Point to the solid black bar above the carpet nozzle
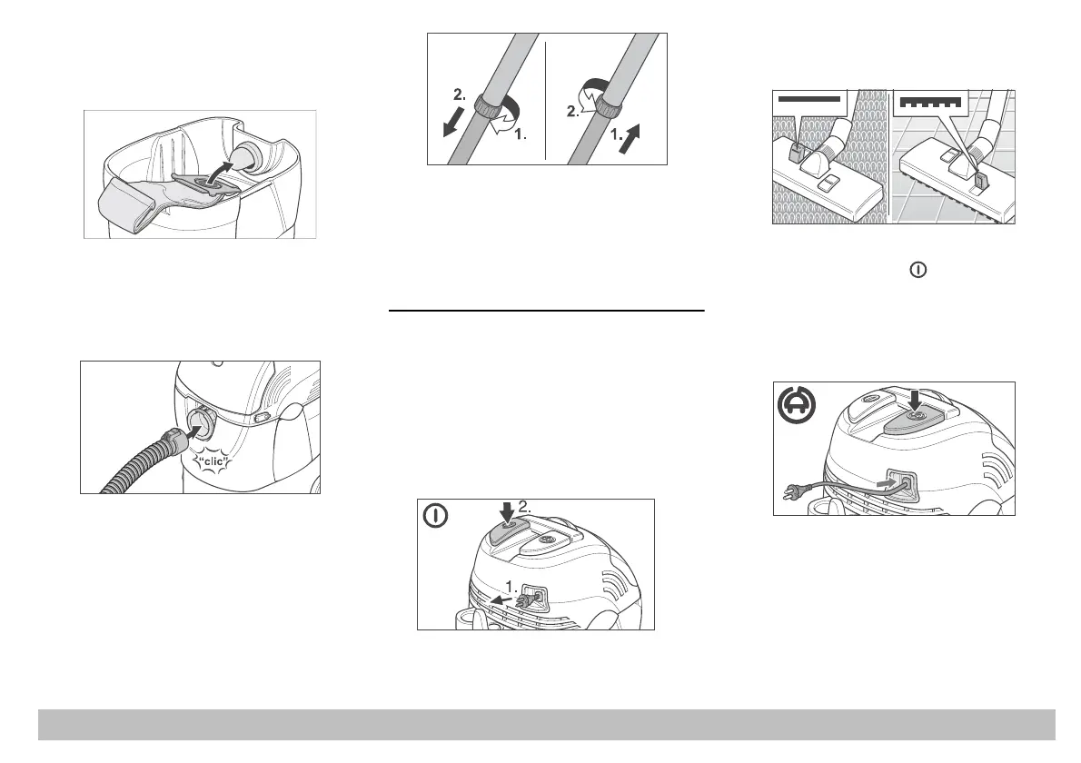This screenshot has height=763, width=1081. [808, 96]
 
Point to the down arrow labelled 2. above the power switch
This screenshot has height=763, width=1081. [507, 510]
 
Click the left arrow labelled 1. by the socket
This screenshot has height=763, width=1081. [498, 598]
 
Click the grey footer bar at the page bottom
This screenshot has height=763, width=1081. [546, 724]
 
